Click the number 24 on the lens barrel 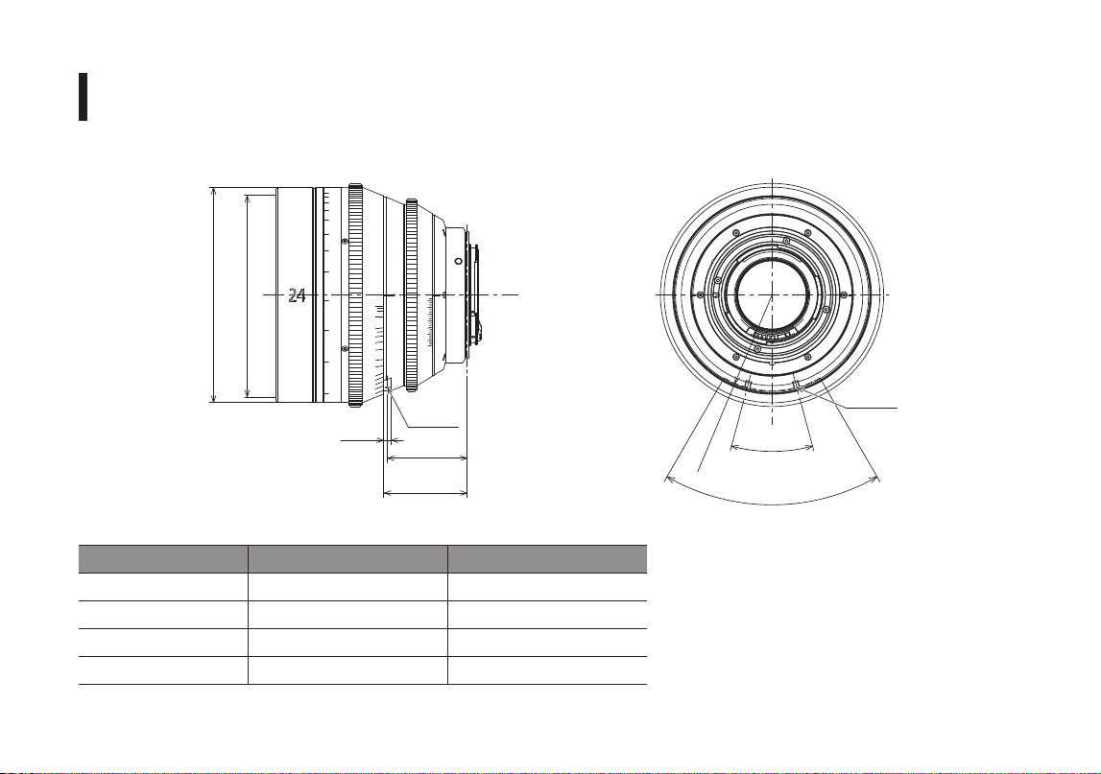(x=297, y=295)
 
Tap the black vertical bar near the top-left (x=83, y=96)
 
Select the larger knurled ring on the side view (x=355, y=294)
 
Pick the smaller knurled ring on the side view (x=412, y=294)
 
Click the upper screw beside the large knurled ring (x=344, y=242)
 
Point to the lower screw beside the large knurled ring (x=344, y=349)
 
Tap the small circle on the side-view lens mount (x=458, y=261)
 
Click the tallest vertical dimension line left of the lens (x=213, y=294)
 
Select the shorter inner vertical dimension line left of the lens (x=247, y=295)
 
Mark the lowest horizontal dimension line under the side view (x=425, y=493)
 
